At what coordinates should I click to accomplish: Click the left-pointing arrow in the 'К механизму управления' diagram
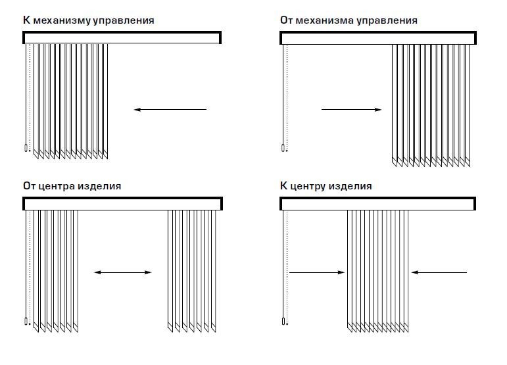[170, 109]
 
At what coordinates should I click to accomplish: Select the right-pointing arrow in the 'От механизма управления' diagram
[351, 109]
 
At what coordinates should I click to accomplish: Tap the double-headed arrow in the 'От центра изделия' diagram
[123, 272]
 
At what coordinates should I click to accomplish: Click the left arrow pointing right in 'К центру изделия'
[317, 272]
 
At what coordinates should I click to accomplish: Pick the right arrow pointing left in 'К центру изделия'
[439, 272]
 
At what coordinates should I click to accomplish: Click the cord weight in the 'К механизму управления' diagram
[26, 149]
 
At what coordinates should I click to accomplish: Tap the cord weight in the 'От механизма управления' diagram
[283, 148]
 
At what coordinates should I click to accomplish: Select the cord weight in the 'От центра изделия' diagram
[26, 322]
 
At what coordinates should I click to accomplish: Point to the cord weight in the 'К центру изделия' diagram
[283, 322]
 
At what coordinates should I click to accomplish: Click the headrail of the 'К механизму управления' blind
[122, 38]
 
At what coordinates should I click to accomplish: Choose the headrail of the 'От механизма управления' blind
[378, 38]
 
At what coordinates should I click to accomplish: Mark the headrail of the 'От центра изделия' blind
[122, 204]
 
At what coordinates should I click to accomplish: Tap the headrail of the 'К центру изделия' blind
[378, 204]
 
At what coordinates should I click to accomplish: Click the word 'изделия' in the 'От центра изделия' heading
[104, 186]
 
